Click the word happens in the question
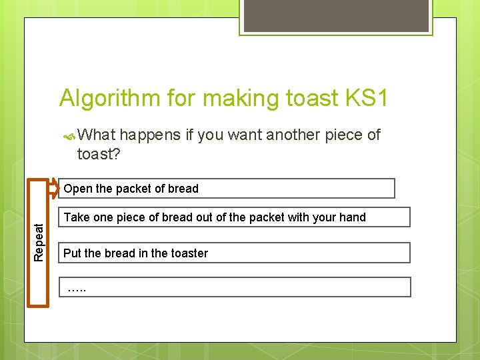coord(150,135)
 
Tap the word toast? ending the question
coord(99,155)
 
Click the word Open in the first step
coord(77,189)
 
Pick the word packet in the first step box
coord(133,189)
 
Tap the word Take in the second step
coord(76,217)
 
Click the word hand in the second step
coord(353,217)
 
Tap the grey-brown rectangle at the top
coord(335,15)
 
